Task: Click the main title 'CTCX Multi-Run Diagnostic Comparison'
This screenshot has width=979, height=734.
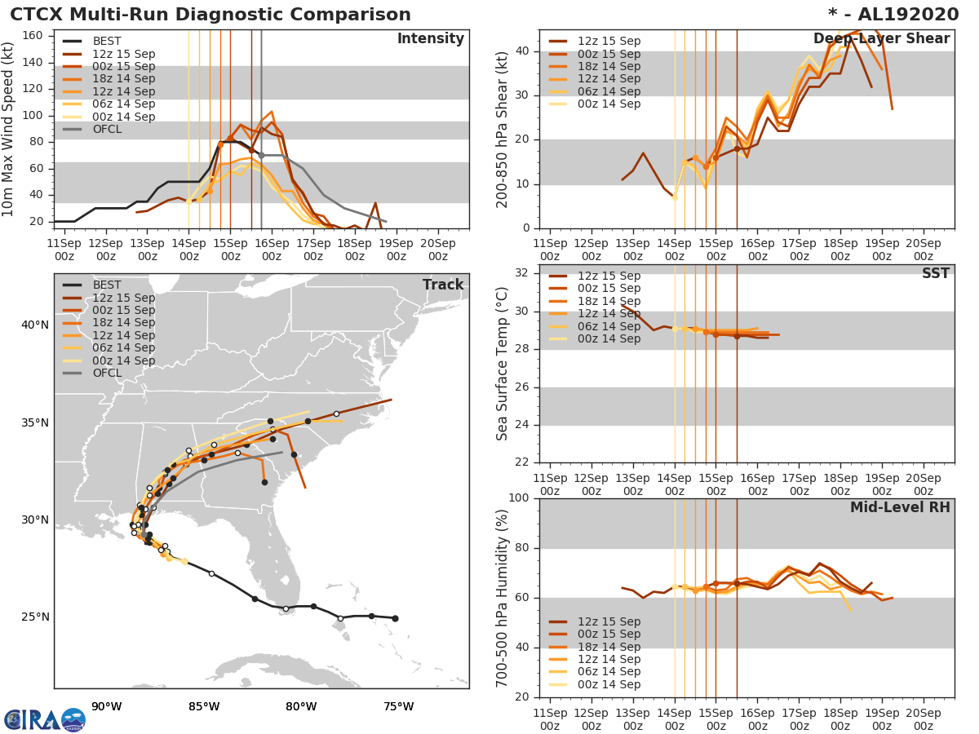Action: click(210, 15)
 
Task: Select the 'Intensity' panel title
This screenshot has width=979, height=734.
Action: click(431, 39)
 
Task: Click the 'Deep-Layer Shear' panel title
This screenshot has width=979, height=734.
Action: click(881, 39)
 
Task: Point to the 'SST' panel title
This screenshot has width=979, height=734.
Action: click(936, 274)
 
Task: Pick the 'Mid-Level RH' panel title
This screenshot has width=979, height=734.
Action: click(900, 508)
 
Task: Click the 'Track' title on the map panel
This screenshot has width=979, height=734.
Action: click(443, 285)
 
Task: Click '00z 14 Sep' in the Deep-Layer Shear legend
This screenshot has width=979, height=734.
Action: click(609, 104)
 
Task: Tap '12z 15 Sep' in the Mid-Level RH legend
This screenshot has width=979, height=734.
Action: click(609, 621)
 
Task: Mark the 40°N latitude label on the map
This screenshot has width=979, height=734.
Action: click(35, 325)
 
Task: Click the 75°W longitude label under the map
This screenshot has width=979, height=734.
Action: click(398, 706)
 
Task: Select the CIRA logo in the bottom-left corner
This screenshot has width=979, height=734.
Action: click(42, 719)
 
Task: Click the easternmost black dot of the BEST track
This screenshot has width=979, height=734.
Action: click(395, 618)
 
